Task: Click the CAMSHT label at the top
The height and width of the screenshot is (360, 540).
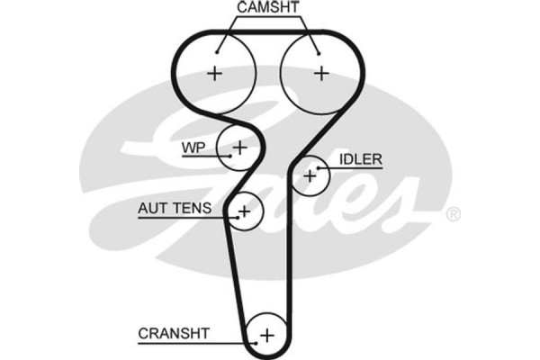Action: coord(268,8)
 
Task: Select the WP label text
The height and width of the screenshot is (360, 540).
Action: coord(193,145)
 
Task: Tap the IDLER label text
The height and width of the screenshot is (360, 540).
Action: coord(361,159)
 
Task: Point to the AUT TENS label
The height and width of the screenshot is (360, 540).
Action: coord(175,208)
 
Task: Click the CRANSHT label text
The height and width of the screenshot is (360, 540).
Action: coord(174,333)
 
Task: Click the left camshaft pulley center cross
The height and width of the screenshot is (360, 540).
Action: coord(214,73)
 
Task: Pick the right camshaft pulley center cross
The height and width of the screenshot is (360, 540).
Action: coord(319,73)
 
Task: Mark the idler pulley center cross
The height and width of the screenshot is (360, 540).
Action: coord(310,175)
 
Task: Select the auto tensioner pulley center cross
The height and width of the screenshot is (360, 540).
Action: coord(243,211)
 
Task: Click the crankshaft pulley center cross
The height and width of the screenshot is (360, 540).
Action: coord(265,336)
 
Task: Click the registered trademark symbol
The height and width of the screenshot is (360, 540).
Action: coord(454,214)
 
